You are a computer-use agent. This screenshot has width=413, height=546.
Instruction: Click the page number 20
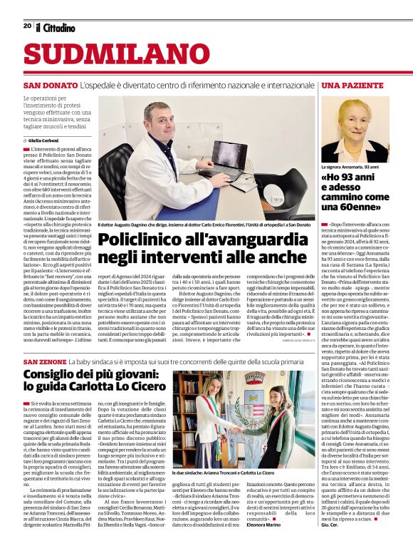[27, 26]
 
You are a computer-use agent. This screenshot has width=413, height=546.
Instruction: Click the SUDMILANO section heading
[106, 56]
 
